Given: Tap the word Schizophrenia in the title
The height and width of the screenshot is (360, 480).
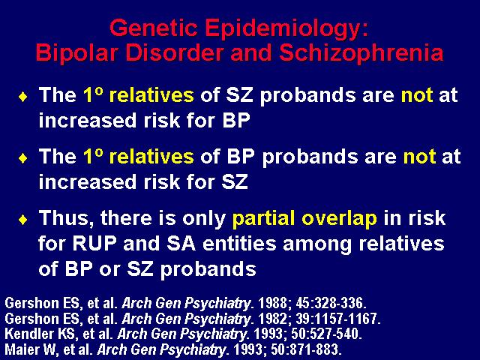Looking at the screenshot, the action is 361,53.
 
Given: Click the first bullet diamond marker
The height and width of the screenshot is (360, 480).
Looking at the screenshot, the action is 23,97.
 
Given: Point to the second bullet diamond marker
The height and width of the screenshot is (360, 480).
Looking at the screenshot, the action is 23,158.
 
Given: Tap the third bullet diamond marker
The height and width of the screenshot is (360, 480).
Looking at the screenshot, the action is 23,220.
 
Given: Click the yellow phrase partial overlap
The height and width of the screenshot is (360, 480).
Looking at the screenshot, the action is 304,220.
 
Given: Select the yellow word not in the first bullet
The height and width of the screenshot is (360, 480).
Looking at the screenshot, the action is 417,95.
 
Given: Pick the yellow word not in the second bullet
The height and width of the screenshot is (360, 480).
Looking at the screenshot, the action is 419,157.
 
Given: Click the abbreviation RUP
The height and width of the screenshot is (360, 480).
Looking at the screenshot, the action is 94,244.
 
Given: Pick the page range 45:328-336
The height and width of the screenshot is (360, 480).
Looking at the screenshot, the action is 331,303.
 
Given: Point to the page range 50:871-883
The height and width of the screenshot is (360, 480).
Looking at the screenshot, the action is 306,349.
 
